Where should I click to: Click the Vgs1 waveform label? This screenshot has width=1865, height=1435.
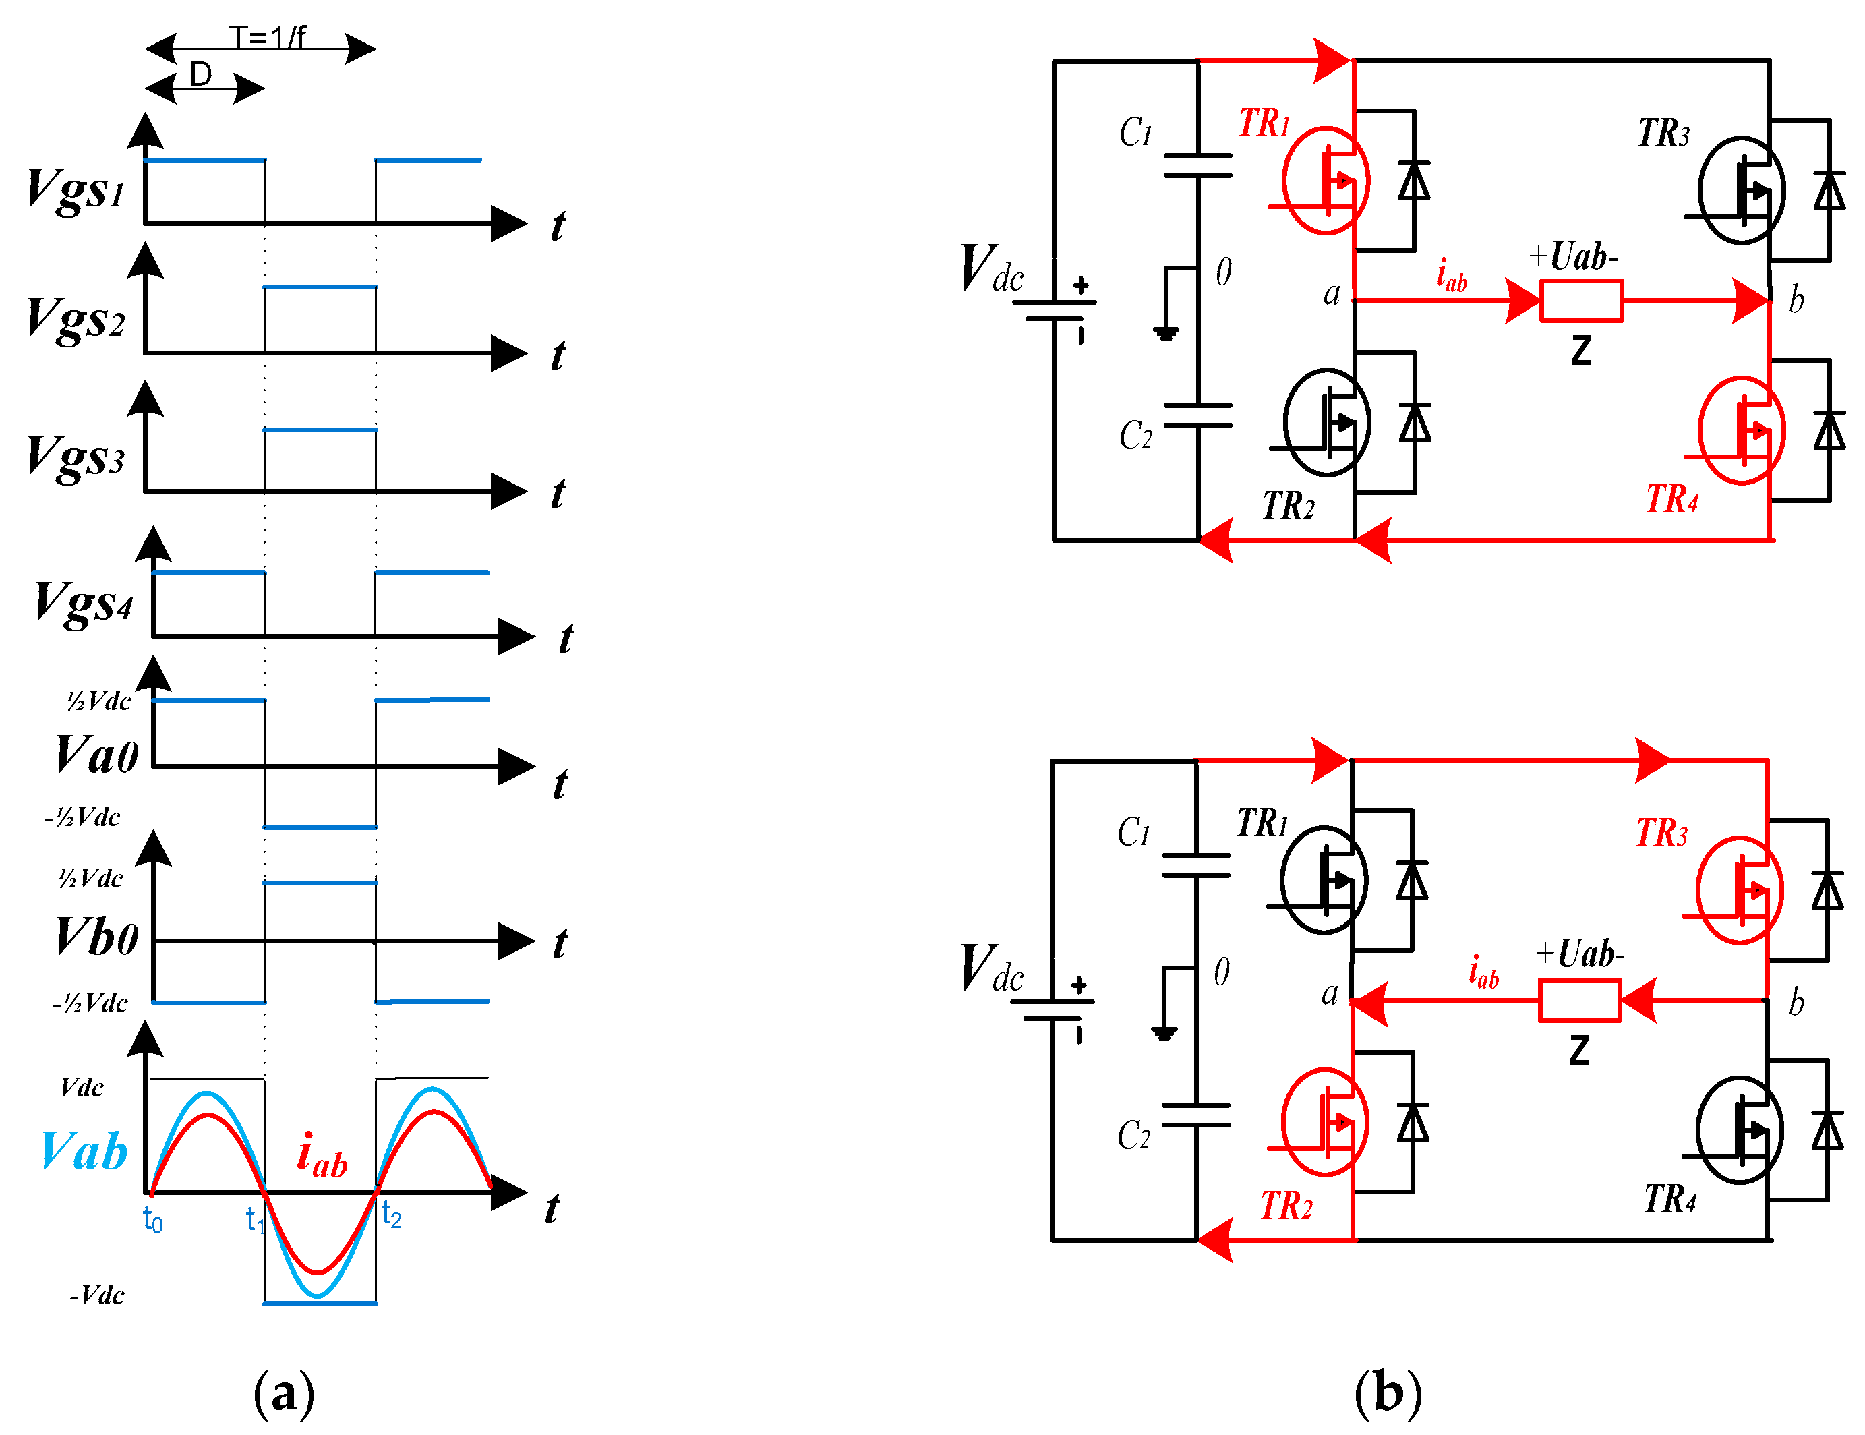(x=75, y=189)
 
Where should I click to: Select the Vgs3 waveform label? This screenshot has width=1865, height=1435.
(x=75, y=457)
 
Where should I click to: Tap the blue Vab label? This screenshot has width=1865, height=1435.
(x=84, y=1151)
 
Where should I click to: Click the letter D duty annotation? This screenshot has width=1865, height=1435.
(x=201, y=75)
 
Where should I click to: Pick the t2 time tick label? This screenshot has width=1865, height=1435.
(x=391, y=1214)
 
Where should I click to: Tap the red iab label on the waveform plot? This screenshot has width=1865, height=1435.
(x=322, y=1155)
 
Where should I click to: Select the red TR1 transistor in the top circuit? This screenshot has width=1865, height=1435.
(x=1326, y=180)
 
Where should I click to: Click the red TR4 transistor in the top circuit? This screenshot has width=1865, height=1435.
(x=1741, y=430)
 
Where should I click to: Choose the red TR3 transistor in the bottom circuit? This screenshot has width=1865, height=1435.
(x=1740, y=890)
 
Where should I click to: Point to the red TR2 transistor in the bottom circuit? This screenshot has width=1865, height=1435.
(x=1324, y=1122)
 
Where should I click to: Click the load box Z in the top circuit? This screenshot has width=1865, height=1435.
(x=1580, y=301)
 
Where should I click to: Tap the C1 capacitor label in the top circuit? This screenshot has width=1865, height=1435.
(x=1135, y=132)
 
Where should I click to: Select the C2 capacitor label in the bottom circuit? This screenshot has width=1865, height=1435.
(x=1134, y=1135)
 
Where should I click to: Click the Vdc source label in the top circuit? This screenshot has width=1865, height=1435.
(x=991, y=268)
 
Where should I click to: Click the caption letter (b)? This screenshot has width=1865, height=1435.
(x=1388, y=1393)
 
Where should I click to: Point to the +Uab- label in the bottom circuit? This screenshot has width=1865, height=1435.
(x=1579, y=954)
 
